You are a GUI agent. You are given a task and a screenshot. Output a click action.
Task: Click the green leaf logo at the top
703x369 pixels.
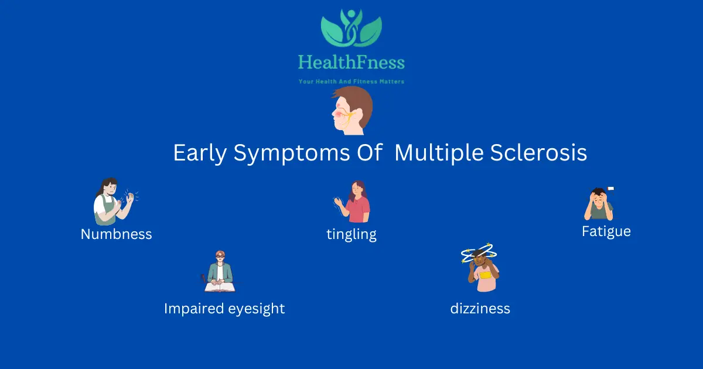[351, 28]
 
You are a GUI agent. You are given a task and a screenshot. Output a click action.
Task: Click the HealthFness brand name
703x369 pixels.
[351, 62]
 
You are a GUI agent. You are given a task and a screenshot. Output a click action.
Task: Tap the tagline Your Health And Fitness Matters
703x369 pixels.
[351, 81]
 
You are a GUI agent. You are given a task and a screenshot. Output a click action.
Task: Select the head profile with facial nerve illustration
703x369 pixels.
[352, 111]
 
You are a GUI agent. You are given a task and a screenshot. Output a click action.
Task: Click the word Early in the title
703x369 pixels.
[200, 153]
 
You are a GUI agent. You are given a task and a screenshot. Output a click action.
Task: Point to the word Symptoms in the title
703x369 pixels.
[292, 153]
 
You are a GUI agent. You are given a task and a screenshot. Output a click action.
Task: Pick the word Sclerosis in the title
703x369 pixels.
[538, 152]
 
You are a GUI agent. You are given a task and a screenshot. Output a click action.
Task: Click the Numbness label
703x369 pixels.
[116, 234]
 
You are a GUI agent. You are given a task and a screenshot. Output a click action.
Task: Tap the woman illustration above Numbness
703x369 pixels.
[115, 201]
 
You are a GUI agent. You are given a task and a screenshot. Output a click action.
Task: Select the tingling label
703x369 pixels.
[351, 235]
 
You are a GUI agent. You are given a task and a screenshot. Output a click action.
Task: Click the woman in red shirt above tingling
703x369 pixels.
[352, 201]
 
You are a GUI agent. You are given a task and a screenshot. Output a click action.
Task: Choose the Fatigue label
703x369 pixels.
[606, 232]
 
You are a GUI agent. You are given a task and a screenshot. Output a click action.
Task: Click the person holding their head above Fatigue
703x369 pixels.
[599, 204]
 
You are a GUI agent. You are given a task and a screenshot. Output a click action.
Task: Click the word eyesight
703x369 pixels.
[257, 309]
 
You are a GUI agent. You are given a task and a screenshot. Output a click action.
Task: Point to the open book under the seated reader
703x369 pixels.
[220, 288]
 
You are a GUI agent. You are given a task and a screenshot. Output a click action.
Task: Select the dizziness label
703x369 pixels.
[480, 309]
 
